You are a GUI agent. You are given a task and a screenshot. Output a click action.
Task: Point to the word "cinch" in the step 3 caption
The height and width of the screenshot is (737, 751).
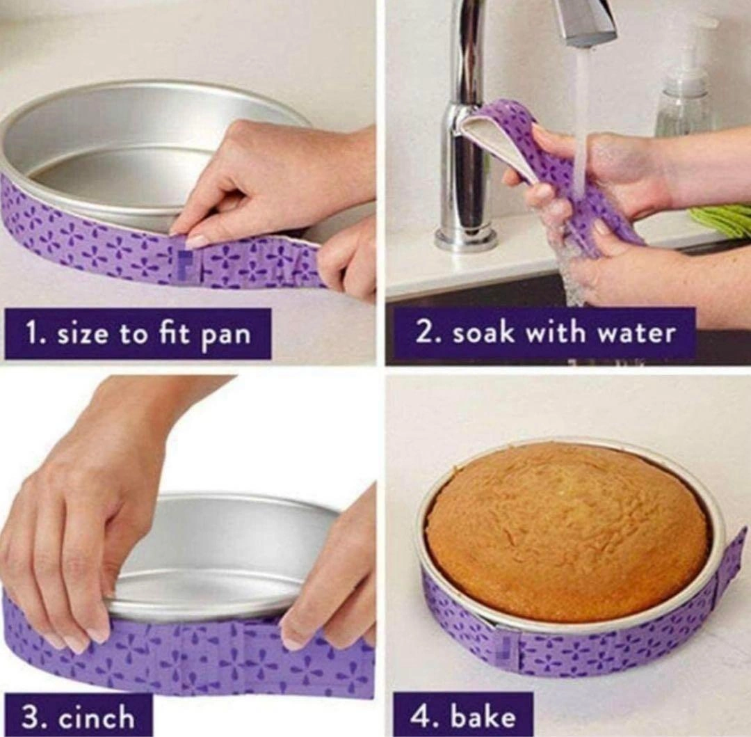97,718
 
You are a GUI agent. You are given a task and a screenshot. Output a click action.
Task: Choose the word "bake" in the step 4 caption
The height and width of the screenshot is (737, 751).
484,717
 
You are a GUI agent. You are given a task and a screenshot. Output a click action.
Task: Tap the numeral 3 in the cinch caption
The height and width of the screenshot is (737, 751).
30,718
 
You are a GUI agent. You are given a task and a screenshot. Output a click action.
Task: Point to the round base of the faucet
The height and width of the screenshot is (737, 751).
466,237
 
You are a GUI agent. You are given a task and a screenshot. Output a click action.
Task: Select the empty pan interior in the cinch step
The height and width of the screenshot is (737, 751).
225,551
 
